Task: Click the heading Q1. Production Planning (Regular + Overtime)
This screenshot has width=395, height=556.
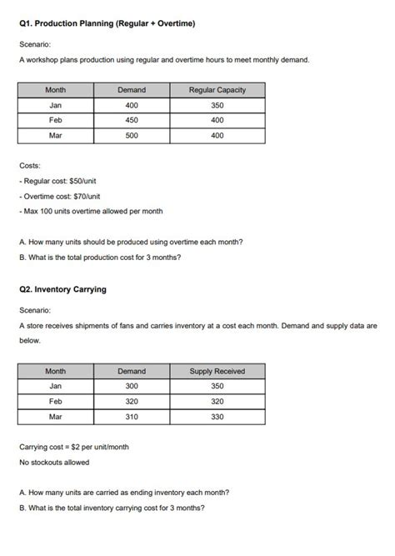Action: pyautogui.click(x=107, y=24)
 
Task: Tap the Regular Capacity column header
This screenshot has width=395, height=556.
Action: pyautogui.click(x=217, y=90)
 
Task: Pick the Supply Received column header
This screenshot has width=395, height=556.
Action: pyautogui.click(x=217, y=371)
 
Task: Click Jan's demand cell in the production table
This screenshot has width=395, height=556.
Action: pyautogui.click(x=132, y=105)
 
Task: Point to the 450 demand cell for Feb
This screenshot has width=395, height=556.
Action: pyautogui.click(x=132, y=120)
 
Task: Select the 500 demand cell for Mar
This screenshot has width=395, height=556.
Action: pyautogui.click(x=132, y=136)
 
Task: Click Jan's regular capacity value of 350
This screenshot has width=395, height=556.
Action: pyautogui.click(x=217, y=105)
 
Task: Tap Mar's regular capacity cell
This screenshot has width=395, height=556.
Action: pyautogui.click(x=217, y=136)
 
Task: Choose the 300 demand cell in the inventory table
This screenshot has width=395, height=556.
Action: pyautogui.click(x=132, y=386)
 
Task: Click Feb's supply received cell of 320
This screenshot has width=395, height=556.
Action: pyautogui.click(x=217, y=401)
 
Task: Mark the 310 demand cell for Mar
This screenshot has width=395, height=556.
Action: pyautogui.click(x=132, y=417)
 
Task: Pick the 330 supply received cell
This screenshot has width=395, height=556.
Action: pyautogui.click(x=217, y=417)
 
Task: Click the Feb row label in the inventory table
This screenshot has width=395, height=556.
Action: pyautogui.click(x=56, y=401)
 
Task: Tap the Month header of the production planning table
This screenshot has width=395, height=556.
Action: pyautogui.click(x=56, y=90)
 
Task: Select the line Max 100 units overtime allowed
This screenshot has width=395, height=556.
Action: pyautogui.click(x=91, y=211)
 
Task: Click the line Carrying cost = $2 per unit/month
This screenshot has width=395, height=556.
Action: pyautogui.click(x=73, y=447)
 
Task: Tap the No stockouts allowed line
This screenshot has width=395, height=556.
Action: pyautogui.click(x=54, y=462)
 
